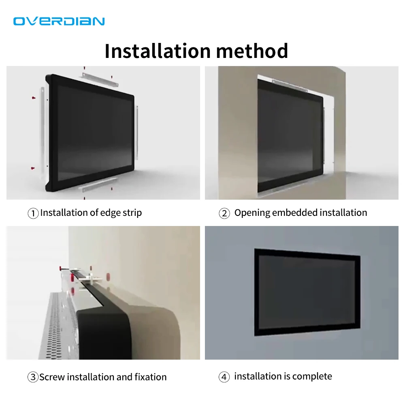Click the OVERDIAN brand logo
[x=59, y=21]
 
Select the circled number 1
[x=33, y=213]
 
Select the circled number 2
[x=224, y=213]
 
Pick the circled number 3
[x=33, y=377]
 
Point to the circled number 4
[x=224, y=377]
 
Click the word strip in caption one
[x=132, y=213]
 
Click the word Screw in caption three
[x=52, y=377]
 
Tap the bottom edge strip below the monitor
[x=100, y=184]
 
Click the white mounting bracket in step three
[x=90, y=279]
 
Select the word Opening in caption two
[x=252, y=213]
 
